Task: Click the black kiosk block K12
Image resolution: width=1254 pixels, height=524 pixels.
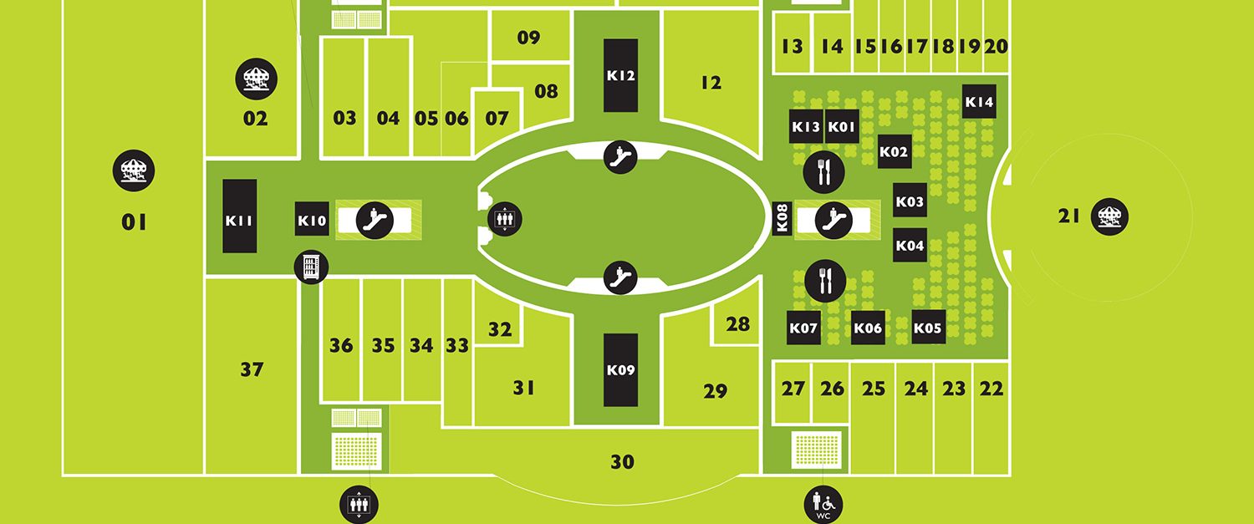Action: pos(620,75)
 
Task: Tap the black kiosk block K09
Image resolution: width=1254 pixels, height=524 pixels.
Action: pos(620,370)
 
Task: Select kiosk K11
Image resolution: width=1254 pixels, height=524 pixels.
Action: pos(240,216)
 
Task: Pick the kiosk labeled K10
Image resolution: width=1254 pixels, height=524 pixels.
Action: pos(312,219)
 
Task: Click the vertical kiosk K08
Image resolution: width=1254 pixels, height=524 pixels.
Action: pos(782,218)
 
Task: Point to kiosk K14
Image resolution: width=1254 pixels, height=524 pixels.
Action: pos(979,101)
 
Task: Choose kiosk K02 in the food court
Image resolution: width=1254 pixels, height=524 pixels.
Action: pos(895,151)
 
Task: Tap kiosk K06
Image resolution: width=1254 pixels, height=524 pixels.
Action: pos(869,328)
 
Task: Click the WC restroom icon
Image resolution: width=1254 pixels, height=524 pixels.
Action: pos(823,505)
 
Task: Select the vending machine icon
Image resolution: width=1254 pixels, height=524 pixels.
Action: pos(311,267)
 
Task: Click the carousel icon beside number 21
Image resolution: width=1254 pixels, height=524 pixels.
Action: pos(1109,216)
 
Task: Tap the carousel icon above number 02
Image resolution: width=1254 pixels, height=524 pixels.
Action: pos(257,79)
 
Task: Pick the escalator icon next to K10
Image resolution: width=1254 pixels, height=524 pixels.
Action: pos(375,220)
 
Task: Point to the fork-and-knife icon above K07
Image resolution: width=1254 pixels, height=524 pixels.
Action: pos(825,281)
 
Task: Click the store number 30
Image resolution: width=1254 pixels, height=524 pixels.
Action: pos(622,462)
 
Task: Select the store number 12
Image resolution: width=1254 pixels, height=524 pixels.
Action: pos(711,83)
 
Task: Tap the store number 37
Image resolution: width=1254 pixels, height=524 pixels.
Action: pos(252,369)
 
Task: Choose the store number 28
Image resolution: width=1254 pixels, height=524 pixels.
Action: pos(737,324)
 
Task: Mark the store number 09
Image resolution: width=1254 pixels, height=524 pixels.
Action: pos(528,38)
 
